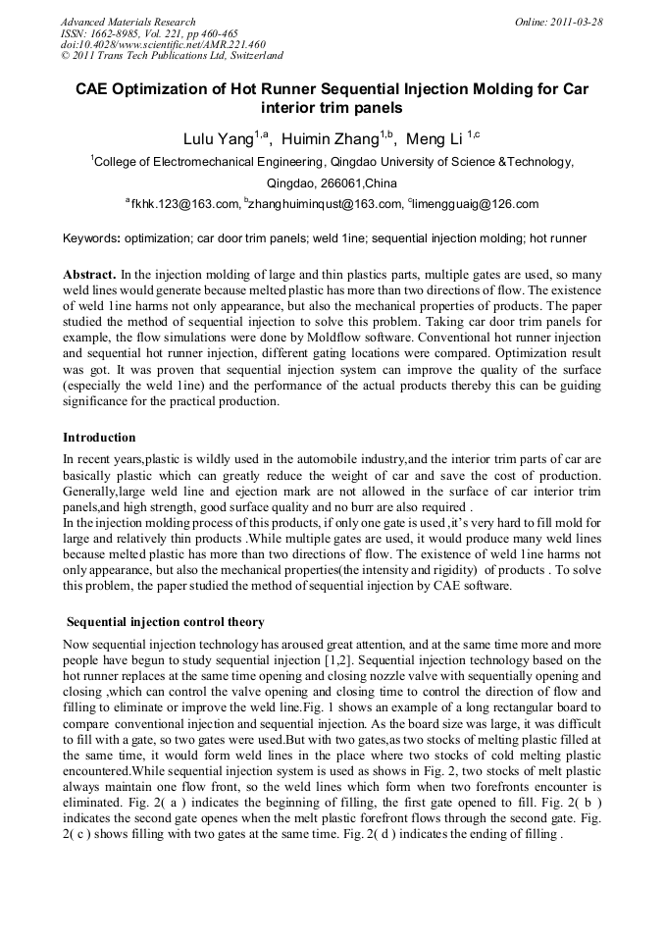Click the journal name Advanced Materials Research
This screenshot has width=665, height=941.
(x=128, y=22)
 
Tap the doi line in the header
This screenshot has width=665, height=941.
(x=163, y=44)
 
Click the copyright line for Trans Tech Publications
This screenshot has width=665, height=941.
(x=172, y=56)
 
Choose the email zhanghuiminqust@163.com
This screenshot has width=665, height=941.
(x=327, y=204)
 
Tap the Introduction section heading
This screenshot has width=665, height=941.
(x=99, y=437)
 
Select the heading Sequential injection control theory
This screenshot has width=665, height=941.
(x=165, y=622)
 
